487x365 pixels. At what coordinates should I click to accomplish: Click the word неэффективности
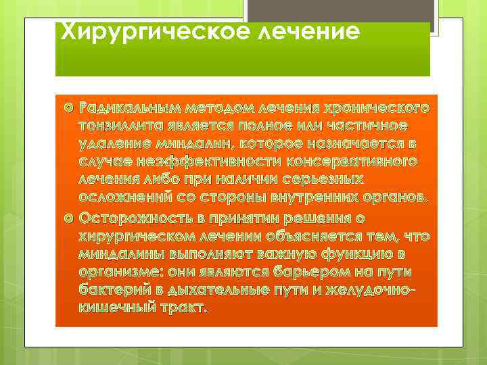tap(192, 164)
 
